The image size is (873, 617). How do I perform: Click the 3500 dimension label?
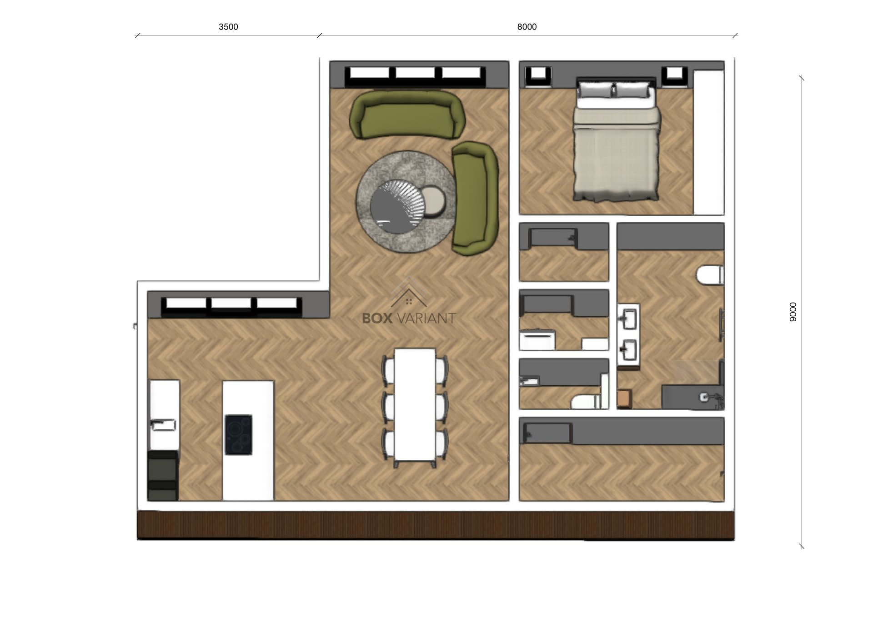[228, 27]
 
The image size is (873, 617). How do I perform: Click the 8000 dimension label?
[527, 27]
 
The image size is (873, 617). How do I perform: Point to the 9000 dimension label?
[793, 312]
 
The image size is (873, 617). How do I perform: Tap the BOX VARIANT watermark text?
[409, 318]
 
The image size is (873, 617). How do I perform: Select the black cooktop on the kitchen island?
[238, 435]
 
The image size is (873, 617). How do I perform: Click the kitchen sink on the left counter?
[163, 425]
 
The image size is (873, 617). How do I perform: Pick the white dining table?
[415, 404]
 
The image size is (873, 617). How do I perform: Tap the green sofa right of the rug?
[475, 198]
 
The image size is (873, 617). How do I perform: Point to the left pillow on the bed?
[596, 90]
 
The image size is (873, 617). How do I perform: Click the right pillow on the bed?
[632, 90]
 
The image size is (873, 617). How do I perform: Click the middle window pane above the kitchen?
[231, 304]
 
